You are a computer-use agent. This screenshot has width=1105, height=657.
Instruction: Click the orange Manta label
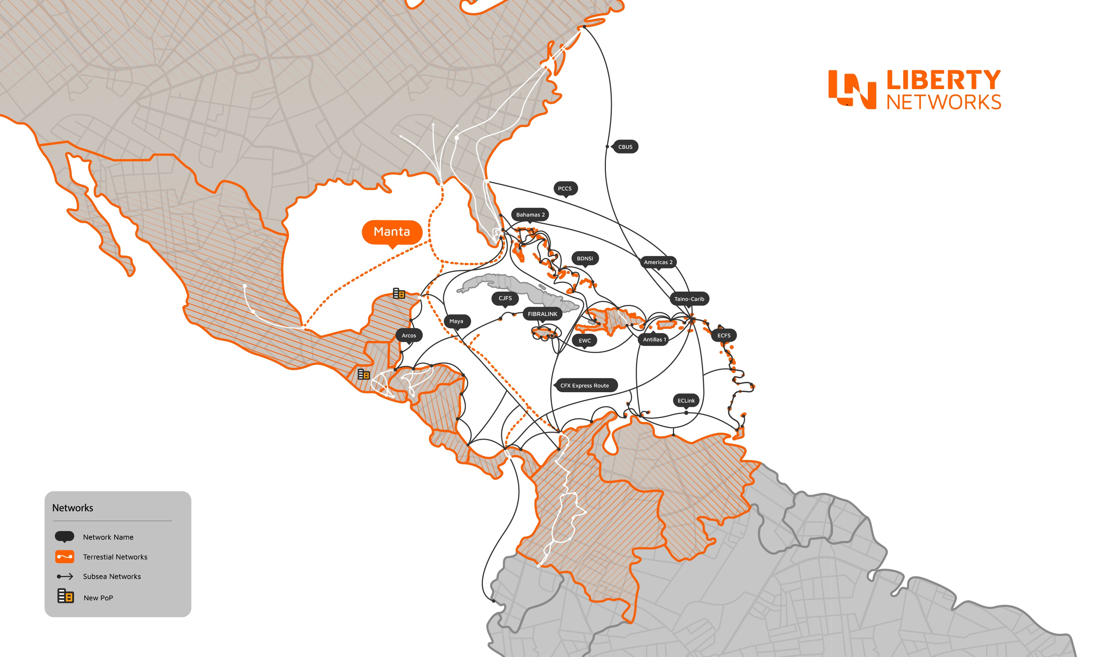[x=392, y=232]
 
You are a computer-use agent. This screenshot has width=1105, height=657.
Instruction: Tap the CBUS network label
[x=625, y=147]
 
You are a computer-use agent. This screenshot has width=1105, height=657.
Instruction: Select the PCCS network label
[x=564, y=188]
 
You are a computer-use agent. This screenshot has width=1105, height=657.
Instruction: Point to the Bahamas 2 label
[x=530, y=215]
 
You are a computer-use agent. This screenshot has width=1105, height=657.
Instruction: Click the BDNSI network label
[x=585, y=259]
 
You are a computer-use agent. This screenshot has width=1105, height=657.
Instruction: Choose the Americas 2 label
[x=658, y=262]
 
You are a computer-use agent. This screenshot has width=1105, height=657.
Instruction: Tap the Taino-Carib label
[x=689, y=299]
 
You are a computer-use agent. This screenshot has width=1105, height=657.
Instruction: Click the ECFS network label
[x=724, y=335]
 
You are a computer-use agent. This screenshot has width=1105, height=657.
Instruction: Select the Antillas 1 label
[x=654, y=340]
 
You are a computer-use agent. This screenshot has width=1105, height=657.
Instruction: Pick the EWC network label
[x=585, y=340]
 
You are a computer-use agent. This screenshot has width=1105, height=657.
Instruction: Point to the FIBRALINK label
[x=542, y=314]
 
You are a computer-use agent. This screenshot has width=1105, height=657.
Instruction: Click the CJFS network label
[x=505, y=298]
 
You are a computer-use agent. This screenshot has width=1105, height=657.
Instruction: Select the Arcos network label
[x=408, y=335]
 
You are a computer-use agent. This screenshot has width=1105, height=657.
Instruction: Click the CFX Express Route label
[x=585, y=386]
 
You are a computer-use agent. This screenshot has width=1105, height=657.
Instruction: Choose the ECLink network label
[x=686, y=401]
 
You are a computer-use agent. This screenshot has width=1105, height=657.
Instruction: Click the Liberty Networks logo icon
[x=852, y=89]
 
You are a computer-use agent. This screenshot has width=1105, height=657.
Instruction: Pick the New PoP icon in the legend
[x=66, y=596]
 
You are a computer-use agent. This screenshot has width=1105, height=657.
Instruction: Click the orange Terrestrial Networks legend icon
[x=64, y=556]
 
